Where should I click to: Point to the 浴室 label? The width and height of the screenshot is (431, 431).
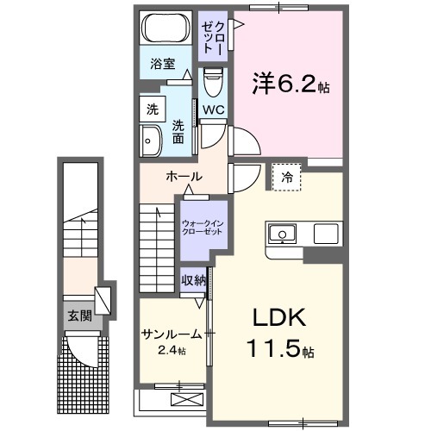coord(161,63)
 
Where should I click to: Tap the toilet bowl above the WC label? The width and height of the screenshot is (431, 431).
coord(212,84)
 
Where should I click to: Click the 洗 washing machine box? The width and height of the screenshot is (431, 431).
coord(153,110)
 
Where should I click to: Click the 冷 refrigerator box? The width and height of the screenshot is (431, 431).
coord(287,178)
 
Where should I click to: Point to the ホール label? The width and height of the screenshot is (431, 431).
coord(183,177)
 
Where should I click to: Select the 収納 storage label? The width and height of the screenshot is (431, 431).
coord(193,279)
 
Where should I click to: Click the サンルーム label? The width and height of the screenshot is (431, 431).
coord(172,334)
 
